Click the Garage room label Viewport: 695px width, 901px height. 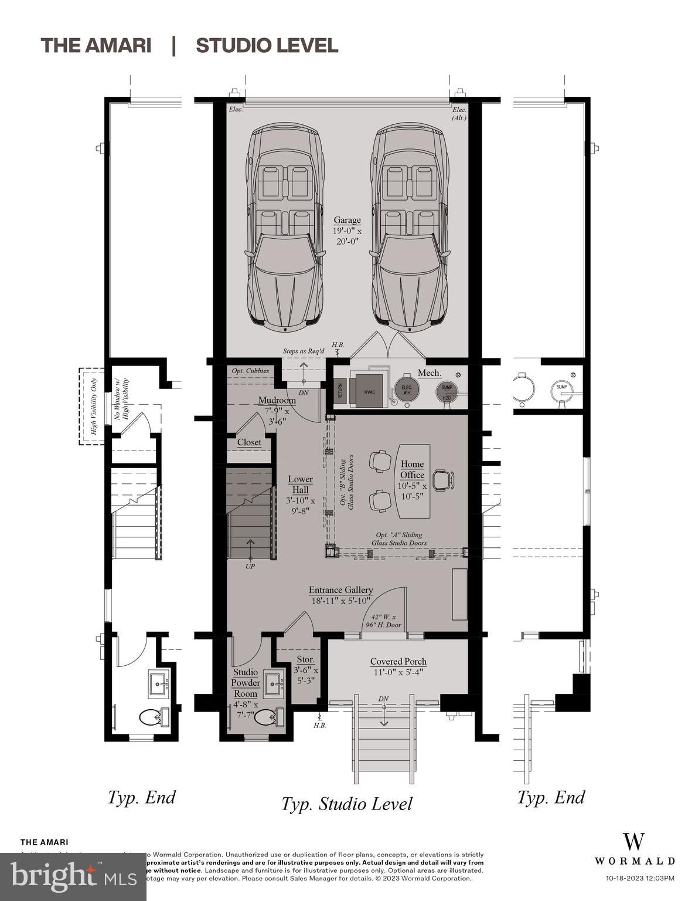[x=347, y=221]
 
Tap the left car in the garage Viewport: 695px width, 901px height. [x=285, y=226]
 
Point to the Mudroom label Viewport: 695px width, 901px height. [x=277, y=400]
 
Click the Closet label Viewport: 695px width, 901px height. [x=249, y=442]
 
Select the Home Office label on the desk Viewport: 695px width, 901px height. [x=412, y=470]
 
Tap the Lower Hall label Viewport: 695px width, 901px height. [x=300, y=485]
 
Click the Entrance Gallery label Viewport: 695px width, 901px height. [x=341, y=590]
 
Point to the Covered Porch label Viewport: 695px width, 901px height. [x=398, y=661]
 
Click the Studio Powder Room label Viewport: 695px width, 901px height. [x=246, y=683]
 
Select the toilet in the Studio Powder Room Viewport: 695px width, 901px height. [x=270, y=716]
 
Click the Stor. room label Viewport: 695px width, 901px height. [x=305, y=660]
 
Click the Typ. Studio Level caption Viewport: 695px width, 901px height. [x=346, y=804]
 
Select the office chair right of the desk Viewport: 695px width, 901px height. [x=442, y=480]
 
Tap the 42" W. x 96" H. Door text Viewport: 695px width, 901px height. [x=383, y=621]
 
